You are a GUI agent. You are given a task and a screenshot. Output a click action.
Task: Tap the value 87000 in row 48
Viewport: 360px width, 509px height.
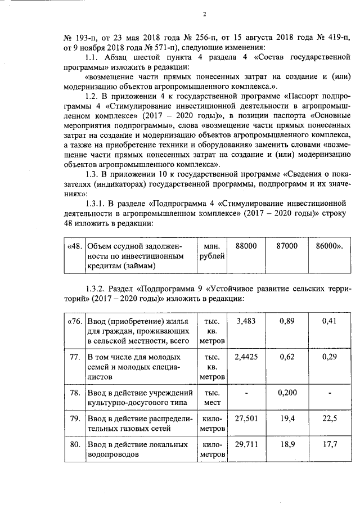click(287, 246)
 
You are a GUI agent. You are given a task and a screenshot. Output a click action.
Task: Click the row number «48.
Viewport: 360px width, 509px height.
click(75, 246)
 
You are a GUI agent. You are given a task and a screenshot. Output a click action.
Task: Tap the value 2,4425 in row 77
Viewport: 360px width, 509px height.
click(246, 357)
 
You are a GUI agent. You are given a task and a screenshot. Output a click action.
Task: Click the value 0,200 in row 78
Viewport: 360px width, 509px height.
click(287, 393)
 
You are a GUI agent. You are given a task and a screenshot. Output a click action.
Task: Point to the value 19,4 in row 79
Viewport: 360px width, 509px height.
click(287, 419)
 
